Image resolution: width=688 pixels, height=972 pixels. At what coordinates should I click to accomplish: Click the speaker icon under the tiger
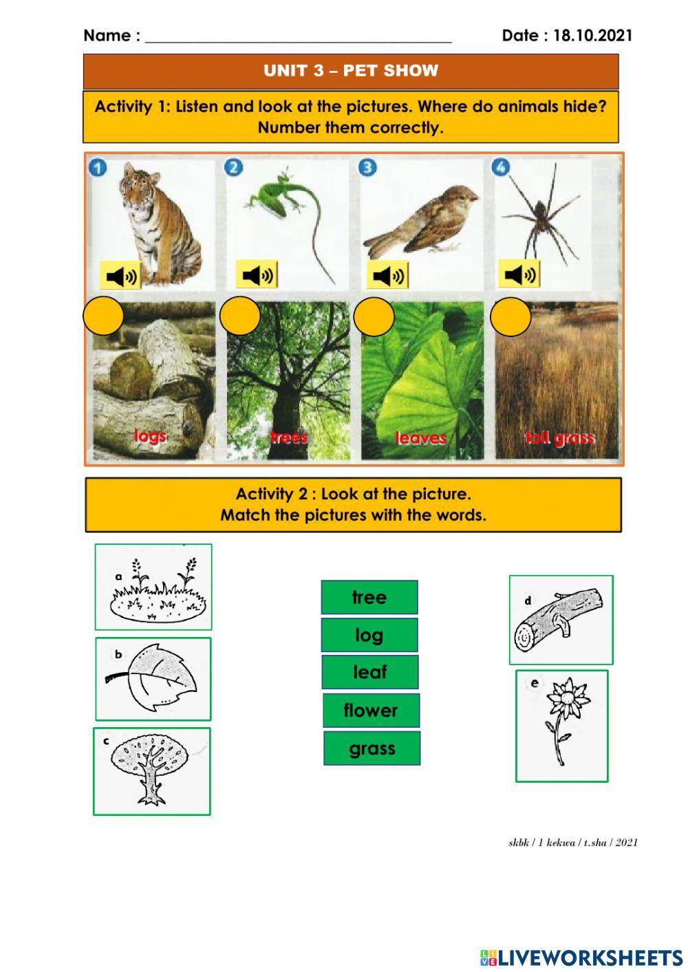pyautogui.click(x=120, y=275)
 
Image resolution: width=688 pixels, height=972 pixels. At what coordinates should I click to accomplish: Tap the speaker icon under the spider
pyautogui.click(x=519, y=274)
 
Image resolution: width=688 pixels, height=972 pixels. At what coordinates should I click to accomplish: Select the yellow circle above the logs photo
pyautogui.click(x=103, y=316)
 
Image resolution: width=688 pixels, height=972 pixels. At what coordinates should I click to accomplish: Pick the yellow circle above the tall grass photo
pyautogui.click(x=510, y=316)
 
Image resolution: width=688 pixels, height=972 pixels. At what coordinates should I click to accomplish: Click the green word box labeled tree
pyautogui.click(x=369, y=597)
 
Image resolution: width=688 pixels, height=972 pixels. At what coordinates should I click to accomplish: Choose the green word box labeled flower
pyautogui.click(x=371, y=711)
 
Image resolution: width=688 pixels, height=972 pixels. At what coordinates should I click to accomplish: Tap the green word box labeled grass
pyautogui.click(x=372, y=748)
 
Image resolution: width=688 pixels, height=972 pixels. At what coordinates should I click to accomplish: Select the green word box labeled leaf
pyautogui.click(x=370, y=672)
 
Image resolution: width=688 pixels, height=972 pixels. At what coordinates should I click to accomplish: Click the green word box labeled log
pyautogui.click(x=369, y=635)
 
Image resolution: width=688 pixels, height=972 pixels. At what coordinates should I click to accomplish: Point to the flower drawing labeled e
pyautogui.click(x=562, y=726)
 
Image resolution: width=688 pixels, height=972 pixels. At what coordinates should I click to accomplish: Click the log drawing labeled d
pyautogui.click(x=561, y=620)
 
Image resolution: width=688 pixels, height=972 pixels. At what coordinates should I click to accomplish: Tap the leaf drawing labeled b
pyautogui.click(x=153, y=679)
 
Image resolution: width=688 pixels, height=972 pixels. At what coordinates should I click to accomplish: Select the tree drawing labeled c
pyautogui.click(x=152, y=771)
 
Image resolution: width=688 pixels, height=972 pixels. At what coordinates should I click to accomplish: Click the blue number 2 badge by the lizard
pyautogui.click(x=234, y=167)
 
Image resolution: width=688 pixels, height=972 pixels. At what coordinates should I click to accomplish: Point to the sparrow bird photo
pyautogui.click(x=423, y=220)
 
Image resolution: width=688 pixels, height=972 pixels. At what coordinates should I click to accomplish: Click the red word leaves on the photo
pyautogui.click(x=420, y=438)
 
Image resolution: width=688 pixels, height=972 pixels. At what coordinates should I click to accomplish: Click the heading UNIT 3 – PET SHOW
pyautogui.click(x=351, y=71)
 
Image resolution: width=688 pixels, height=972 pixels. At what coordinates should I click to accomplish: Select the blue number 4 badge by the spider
pyautogui.click(x=501, y=167)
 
